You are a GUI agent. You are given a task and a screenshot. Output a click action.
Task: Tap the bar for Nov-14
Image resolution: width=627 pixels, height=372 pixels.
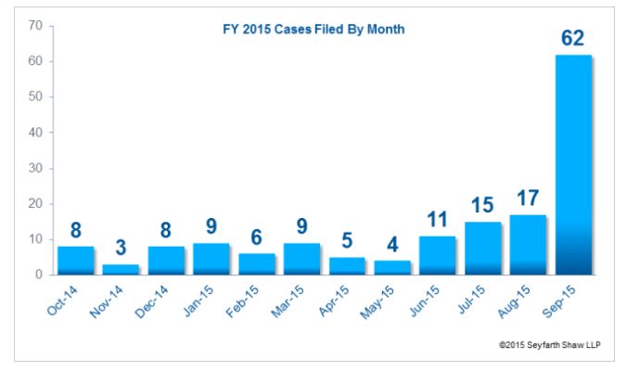(x=121, y=269)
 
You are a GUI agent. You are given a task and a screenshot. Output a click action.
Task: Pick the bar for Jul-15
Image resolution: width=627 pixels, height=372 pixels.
(x=482, y=248)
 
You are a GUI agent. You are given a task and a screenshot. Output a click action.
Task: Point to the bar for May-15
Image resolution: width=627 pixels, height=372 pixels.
(x=391, y=267)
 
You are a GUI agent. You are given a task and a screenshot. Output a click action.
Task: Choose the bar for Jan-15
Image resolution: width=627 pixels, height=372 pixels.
(x=211, y=259)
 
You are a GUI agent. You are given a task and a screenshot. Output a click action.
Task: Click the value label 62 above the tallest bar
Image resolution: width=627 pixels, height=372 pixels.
(x=572, y=40)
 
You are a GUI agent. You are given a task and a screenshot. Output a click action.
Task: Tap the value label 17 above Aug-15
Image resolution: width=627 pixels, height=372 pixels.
(x=527, y=199)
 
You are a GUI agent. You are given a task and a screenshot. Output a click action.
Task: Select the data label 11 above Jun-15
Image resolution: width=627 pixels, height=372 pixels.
(x=437, y=221)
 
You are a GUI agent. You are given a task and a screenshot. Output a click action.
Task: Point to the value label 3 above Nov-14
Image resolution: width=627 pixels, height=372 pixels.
(x=121, y=250)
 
